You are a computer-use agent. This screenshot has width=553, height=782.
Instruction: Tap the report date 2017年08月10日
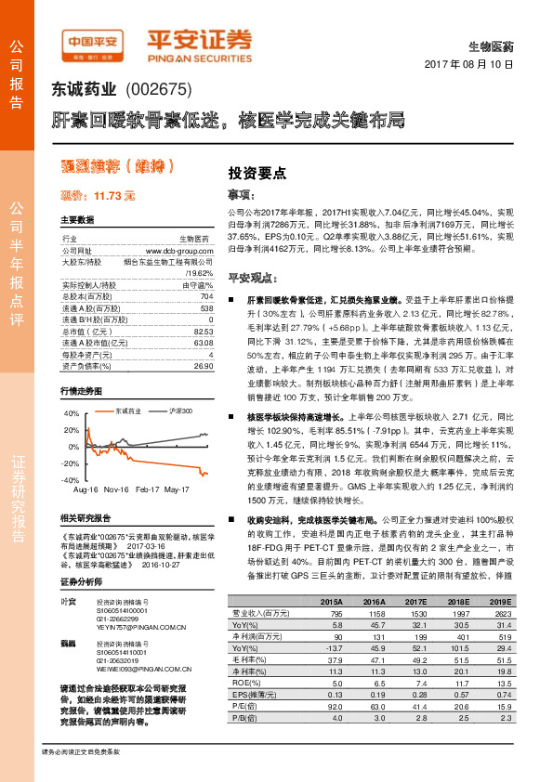(x=474, y=65)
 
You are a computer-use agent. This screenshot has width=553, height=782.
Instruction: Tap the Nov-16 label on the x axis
(x=116, y=489)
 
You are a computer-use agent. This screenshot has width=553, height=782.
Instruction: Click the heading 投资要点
(x=257, y=173)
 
